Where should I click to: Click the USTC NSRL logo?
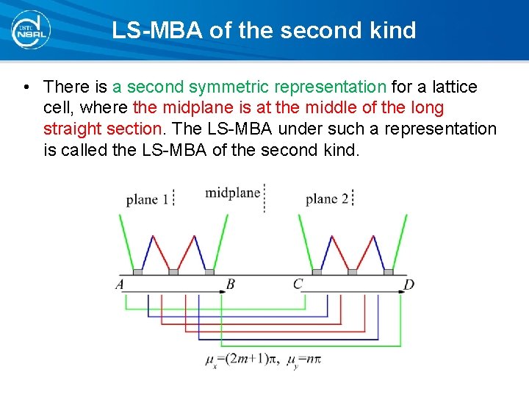coord(30,29)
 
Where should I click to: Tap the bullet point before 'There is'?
coord(26,87)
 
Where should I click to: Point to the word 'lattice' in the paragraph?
coord(454,87)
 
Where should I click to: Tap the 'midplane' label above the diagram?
coord(232,193)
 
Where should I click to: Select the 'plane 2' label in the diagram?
coord(326,198)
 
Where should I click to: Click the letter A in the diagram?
coord(120,284)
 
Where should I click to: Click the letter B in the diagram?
coord(230,284)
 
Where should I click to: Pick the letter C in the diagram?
coord(298,284)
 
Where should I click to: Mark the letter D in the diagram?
coord(409,284)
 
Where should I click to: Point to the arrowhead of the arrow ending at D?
coord(401,292)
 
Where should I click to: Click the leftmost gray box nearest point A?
coord(137,272)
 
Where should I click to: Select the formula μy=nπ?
coord(304,360)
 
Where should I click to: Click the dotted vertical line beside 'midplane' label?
coord(264,197)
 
